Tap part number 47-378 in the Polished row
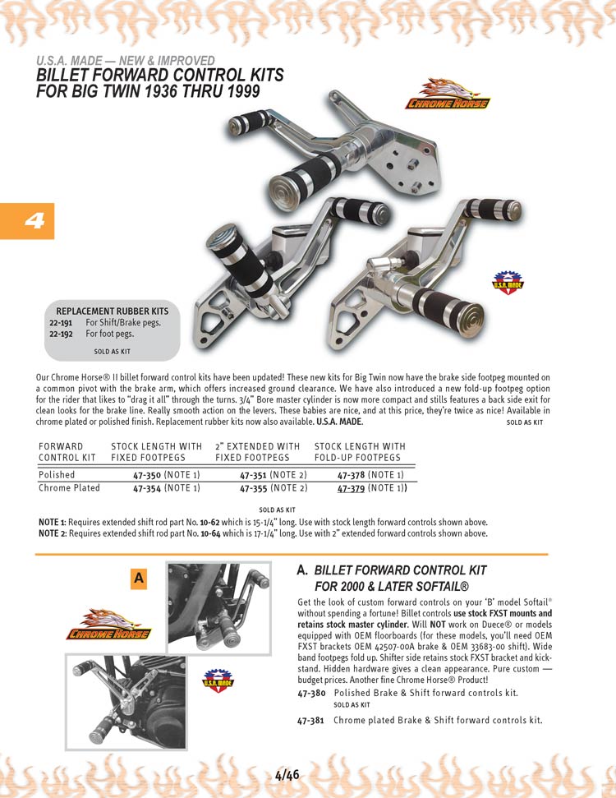tap(352, 475)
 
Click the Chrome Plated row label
tap(69, 488)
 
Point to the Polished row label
tap(57, 475)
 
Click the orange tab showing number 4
tap(27, 221)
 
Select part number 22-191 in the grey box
tap(61, 322)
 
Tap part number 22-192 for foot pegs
tap(61, 334)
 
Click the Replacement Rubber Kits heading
tap(112, 311)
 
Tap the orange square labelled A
tap(139, 579)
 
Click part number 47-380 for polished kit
tap(311, 694)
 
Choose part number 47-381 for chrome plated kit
tap(311, 721)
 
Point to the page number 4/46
tap(287, 774)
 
